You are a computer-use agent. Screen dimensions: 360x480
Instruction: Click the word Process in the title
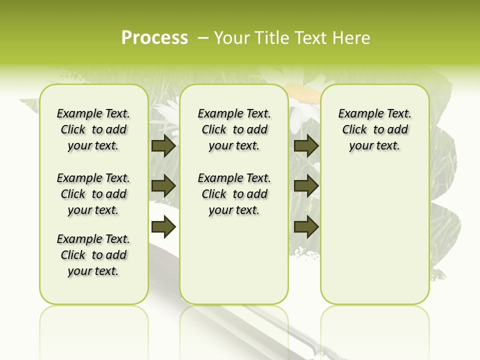[154, 37]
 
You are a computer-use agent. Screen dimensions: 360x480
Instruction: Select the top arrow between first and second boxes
[163, 145]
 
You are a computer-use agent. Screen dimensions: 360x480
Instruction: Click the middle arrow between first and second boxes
[163, 186]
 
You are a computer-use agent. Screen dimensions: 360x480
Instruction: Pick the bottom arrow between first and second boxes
[163, 227]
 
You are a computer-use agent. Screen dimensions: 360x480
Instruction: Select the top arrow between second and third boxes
[306, 145]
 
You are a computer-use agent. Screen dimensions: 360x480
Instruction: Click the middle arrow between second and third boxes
[306, 186]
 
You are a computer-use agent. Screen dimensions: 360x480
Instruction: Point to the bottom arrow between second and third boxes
[306, 227]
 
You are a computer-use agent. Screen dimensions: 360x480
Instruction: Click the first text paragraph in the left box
[93, 129]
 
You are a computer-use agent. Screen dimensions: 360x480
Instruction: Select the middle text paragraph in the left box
[93, 194]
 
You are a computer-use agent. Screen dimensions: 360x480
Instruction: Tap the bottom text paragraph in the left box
[93, 255]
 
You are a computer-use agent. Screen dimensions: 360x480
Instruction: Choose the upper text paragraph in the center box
[234, 129]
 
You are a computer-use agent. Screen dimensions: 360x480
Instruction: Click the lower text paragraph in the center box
[234, 194]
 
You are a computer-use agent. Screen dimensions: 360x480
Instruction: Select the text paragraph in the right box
[374, 129]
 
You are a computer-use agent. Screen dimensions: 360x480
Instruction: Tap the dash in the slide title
[203, 37]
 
